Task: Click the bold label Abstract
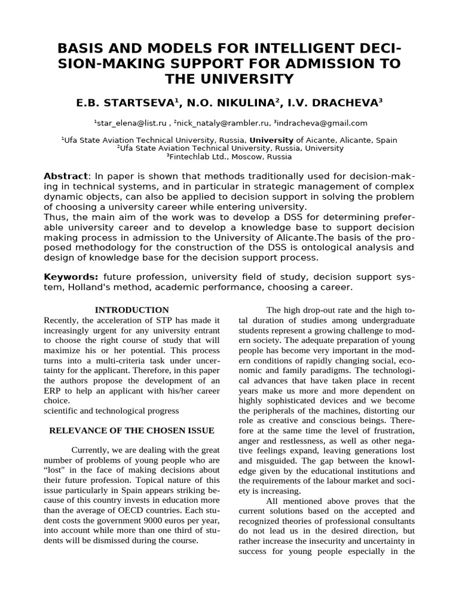(66, 176)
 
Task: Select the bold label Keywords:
(71, 277)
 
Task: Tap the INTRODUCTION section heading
(133, 310)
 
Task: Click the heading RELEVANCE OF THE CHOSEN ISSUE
(131, 430)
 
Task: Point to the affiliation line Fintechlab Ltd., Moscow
(230, 157)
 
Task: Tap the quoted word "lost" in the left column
(57, 470)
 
